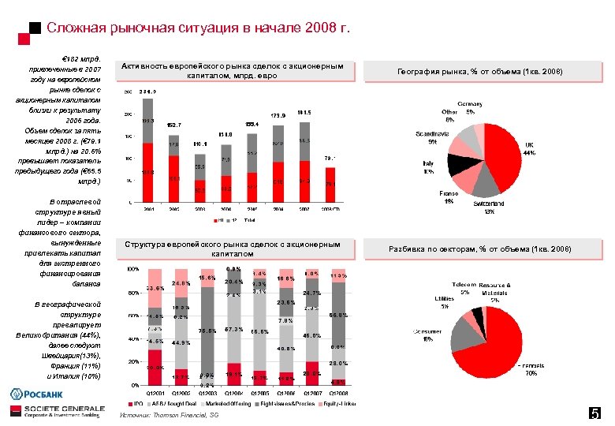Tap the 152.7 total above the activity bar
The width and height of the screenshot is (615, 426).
click(174, 125)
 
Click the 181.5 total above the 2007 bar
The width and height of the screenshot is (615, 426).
click(304, 113)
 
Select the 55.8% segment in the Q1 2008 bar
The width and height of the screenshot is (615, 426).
click(338, 315)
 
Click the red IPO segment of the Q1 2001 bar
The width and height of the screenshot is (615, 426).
click(155, 367)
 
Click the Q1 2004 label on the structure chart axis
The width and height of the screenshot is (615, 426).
click(233, 392)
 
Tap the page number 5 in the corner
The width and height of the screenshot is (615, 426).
click(595, 413)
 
